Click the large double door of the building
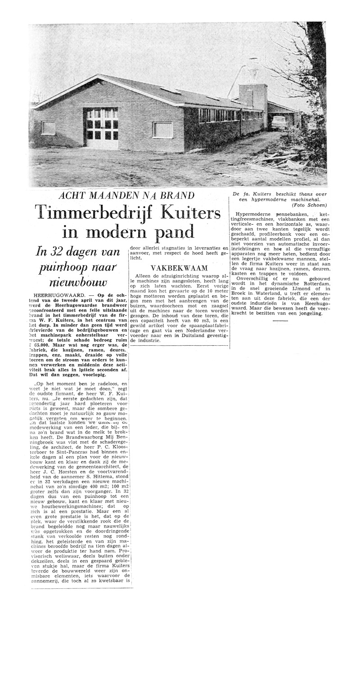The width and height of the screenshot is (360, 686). [103, 128]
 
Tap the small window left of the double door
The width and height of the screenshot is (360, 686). [48, 128]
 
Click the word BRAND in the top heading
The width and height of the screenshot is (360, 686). [179, 196]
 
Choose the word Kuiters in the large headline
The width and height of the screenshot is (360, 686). [189, 212]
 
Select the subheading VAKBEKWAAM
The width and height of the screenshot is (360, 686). [179, 267]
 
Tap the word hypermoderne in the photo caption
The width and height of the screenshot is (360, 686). [270, 199]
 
